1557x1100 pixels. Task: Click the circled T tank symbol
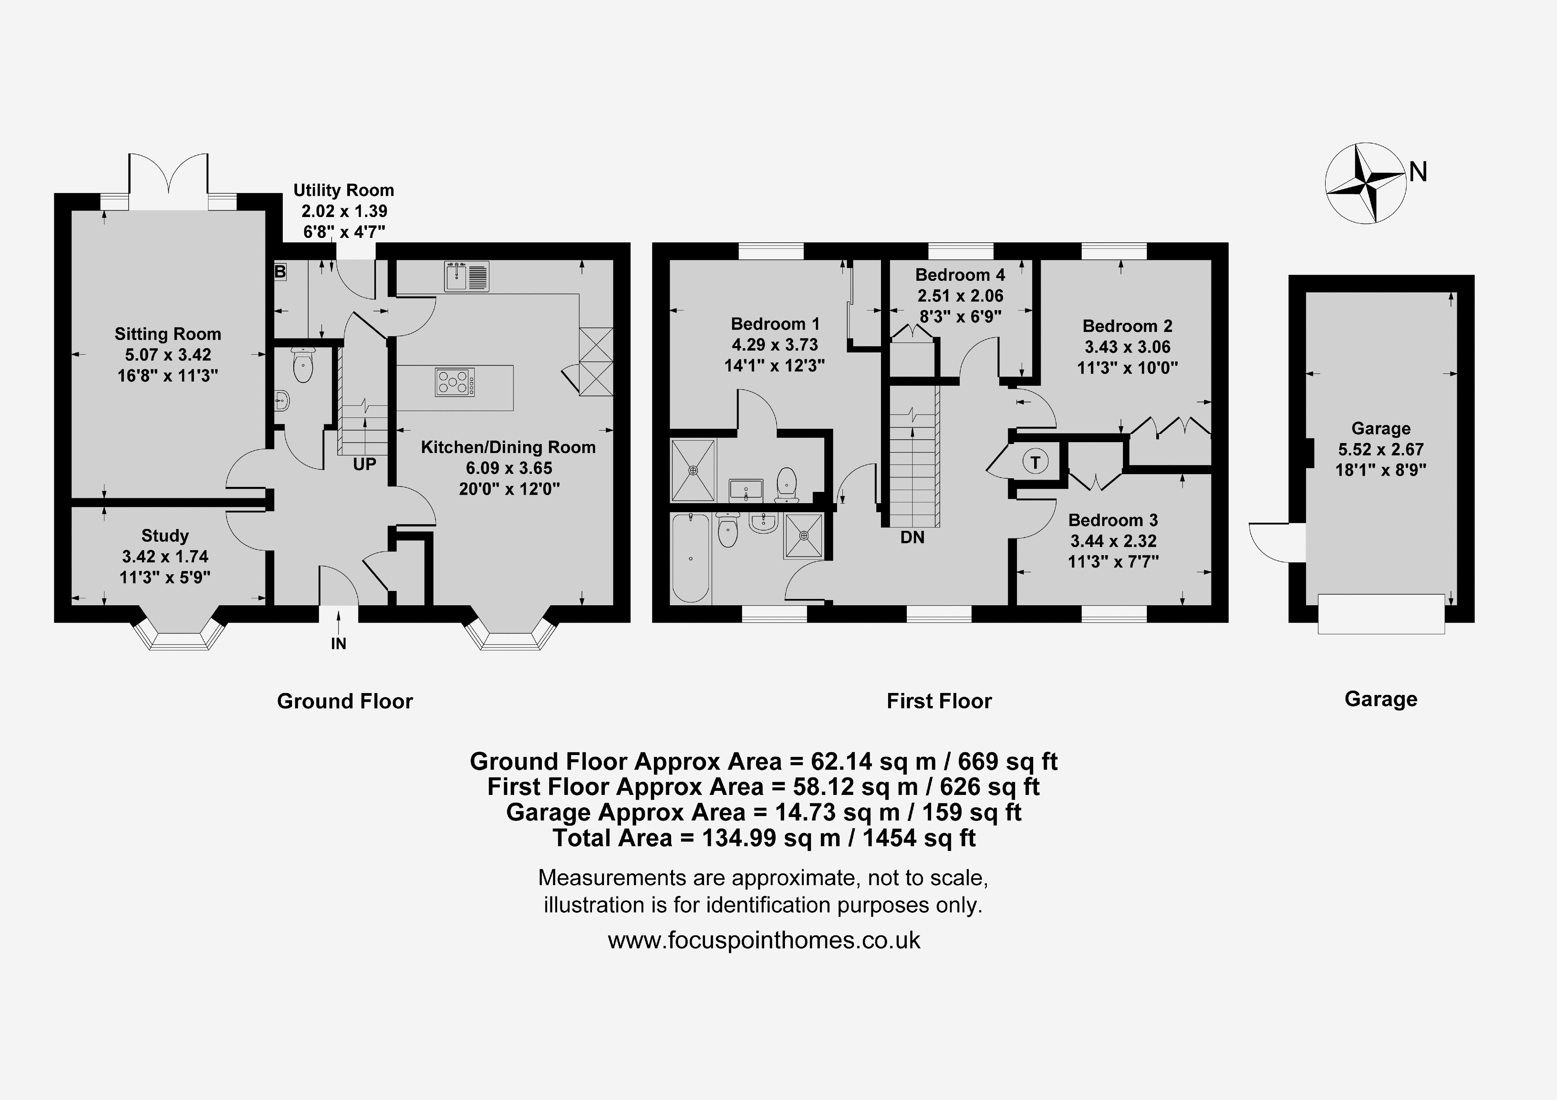coord(1035,463)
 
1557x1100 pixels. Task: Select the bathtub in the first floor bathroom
coord(690,557)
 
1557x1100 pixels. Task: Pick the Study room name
coord(165,536)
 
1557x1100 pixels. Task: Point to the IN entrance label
coord(338,644)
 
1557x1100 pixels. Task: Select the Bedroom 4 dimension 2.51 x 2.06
coord(960,296)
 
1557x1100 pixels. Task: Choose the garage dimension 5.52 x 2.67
coord(1381,449)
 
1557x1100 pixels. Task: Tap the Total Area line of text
coord(764,838)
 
